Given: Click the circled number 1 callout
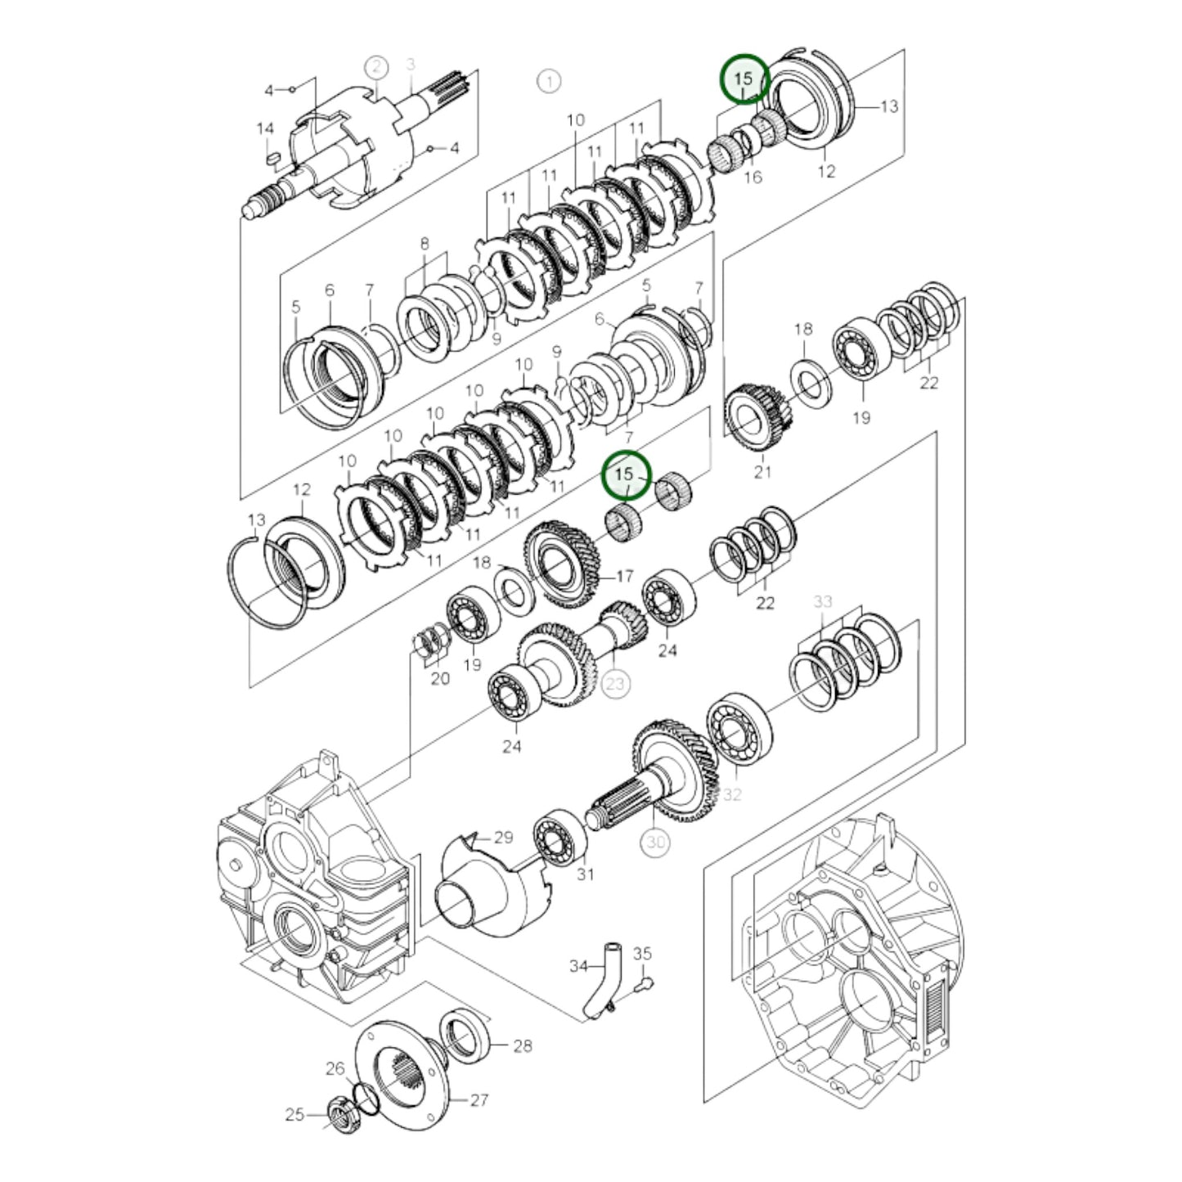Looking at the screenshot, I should [549, 81].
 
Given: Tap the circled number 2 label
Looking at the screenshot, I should [375, 67].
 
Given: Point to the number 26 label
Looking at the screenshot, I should [335, 1068].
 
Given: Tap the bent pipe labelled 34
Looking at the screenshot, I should [604, 978].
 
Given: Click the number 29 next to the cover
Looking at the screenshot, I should [503, 837].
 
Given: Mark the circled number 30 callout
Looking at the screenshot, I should [656, 843].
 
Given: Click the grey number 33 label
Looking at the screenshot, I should [822, 601].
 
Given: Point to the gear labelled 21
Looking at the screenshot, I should [754, 420].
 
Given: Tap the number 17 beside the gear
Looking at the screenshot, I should [624, 576].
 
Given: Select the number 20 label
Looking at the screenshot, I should [440, 678].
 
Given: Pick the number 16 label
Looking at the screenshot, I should [753, 177].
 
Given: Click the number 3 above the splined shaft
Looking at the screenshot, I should [411, 64].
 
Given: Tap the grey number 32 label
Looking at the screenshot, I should [731, 794].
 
